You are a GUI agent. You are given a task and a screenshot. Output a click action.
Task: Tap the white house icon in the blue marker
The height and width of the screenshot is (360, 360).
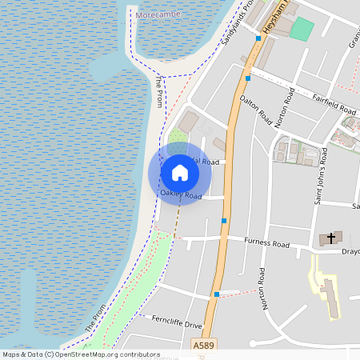180,172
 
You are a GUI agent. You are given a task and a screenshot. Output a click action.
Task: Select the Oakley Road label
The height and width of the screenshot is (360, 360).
181,194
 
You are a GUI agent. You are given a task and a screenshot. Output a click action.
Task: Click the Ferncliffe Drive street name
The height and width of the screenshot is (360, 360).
177,323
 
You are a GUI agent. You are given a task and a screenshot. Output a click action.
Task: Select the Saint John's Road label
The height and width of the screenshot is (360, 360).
319,176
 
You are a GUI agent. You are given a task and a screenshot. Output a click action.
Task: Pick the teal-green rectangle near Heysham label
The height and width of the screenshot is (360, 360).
302,29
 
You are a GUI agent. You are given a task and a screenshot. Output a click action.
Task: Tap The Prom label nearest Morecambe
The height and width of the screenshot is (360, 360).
159,93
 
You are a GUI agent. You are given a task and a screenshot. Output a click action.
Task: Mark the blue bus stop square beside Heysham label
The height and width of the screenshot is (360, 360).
258,38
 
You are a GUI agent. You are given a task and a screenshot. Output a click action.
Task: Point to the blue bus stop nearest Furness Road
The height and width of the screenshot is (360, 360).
224,221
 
